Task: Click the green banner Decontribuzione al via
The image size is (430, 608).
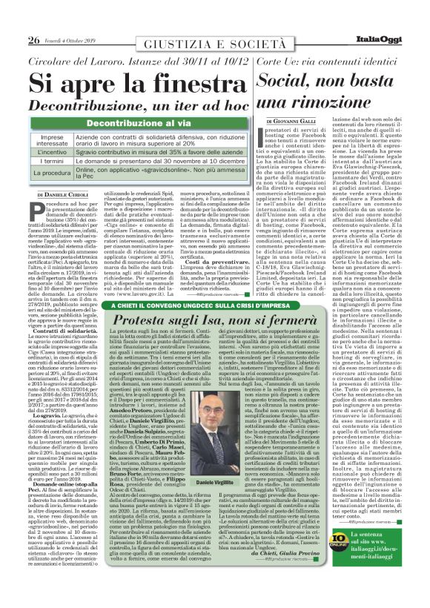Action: pyautogui.click(x=145, y=125)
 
